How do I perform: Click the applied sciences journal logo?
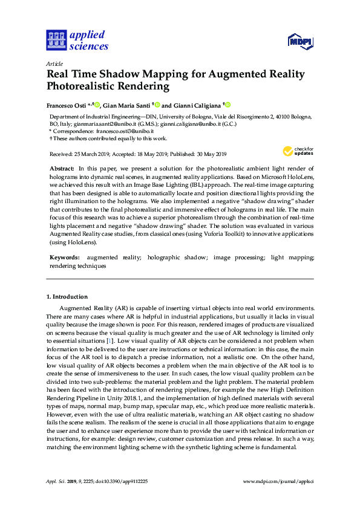pyautogui.click(x=77, y=41)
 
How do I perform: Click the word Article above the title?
pyautogui.click(x=54, y=63)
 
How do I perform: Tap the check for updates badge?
pyautogui.click(x=296, y=151)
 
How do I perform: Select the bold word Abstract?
pyautogui.click(x=61, y=167)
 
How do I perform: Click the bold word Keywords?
pyautogui.click(x=64, y=258)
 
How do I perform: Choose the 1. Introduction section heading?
pyautogui.click(x=67, y=297)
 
